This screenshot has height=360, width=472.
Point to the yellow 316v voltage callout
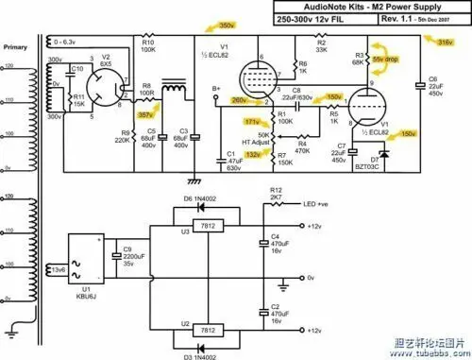pyautogui.click(x=446, y=43)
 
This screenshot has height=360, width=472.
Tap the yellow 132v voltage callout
pyautogui.click(x=252, y=153)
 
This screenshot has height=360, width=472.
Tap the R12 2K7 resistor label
pyautogui.click(x=276, y=195)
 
